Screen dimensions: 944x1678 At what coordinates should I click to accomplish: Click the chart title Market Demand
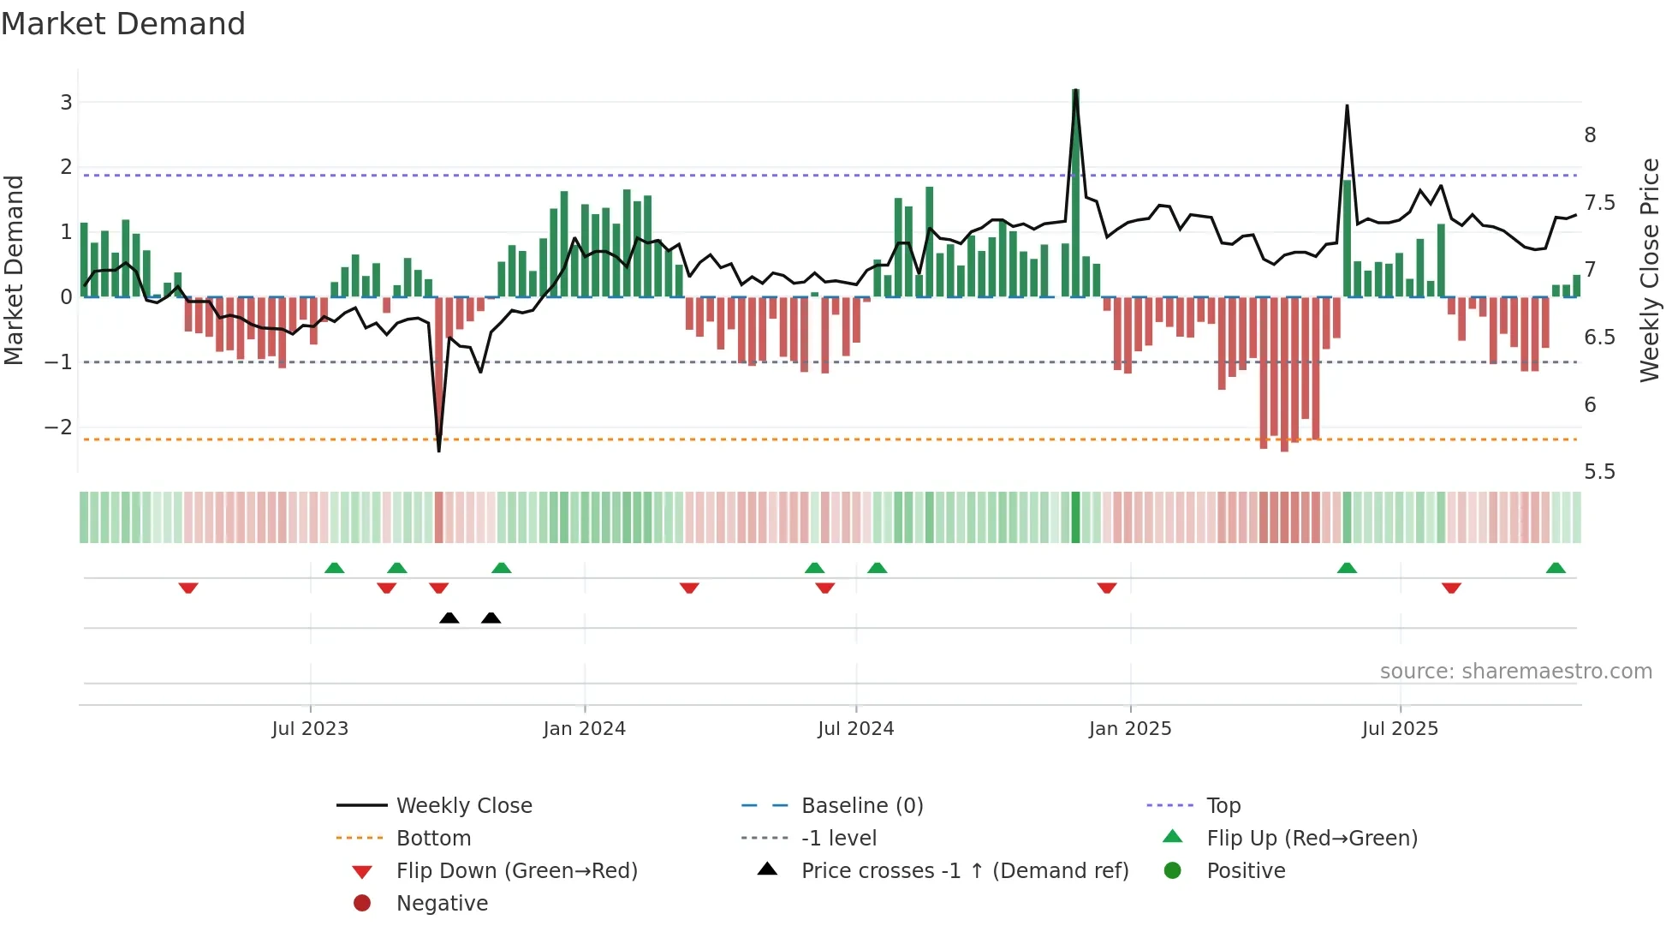pyautogui.click(x=123, y=24)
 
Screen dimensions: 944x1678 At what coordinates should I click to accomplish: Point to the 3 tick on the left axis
pyautogui.click(x=66, y=103)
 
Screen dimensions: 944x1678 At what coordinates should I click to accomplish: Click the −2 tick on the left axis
pyautogui.click(x=59, y=427)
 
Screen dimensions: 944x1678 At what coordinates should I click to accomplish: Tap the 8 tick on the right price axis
pyautogui.click(x=1590, y=135)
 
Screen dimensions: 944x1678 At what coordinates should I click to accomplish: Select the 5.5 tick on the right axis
pyautogui.click(x=1598, y=472)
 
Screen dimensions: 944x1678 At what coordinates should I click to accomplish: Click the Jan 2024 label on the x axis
pyautogui.click(x=584, y=729)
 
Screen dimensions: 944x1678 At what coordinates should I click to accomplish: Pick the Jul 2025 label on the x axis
pyautogui.click(x=1400, y=729)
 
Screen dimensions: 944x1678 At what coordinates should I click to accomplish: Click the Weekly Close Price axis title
pyautogui.click(x=1649, y=270)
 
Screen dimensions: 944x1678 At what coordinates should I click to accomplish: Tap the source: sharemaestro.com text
pyautogui.click(x=1515, y=672)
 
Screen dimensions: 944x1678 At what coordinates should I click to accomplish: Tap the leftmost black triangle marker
pyautogui.click(x=449, y=618)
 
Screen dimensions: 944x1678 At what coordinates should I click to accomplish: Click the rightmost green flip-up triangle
pyautogui.click(x=1556, y=568)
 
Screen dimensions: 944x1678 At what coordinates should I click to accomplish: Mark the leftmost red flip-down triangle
pyautogui.click(x=188, y=588)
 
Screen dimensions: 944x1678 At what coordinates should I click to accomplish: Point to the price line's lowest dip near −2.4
pyautogui.click(x=439, y=449)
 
